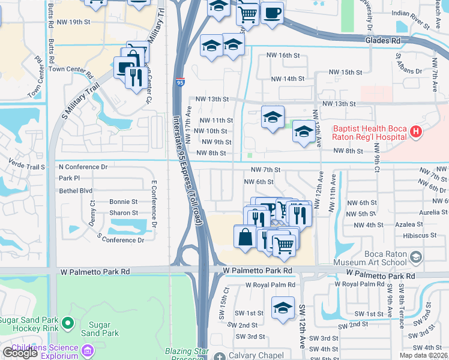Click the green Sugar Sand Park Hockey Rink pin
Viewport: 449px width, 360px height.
pos(67,324)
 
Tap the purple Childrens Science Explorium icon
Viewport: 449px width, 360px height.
pos(88,349)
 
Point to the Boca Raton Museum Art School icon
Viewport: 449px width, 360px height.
pos(415,257)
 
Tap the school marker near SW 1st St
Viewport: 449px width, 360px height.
pos(283,308)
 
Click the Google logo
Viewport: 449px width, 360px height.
pos(20,353)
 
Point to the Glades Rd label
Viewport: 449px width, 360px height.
pos(382,41)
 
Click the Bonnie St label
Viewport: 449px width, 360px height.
pos(123,202)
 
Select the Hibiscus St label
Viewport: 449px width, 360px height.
pos(420,236)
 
